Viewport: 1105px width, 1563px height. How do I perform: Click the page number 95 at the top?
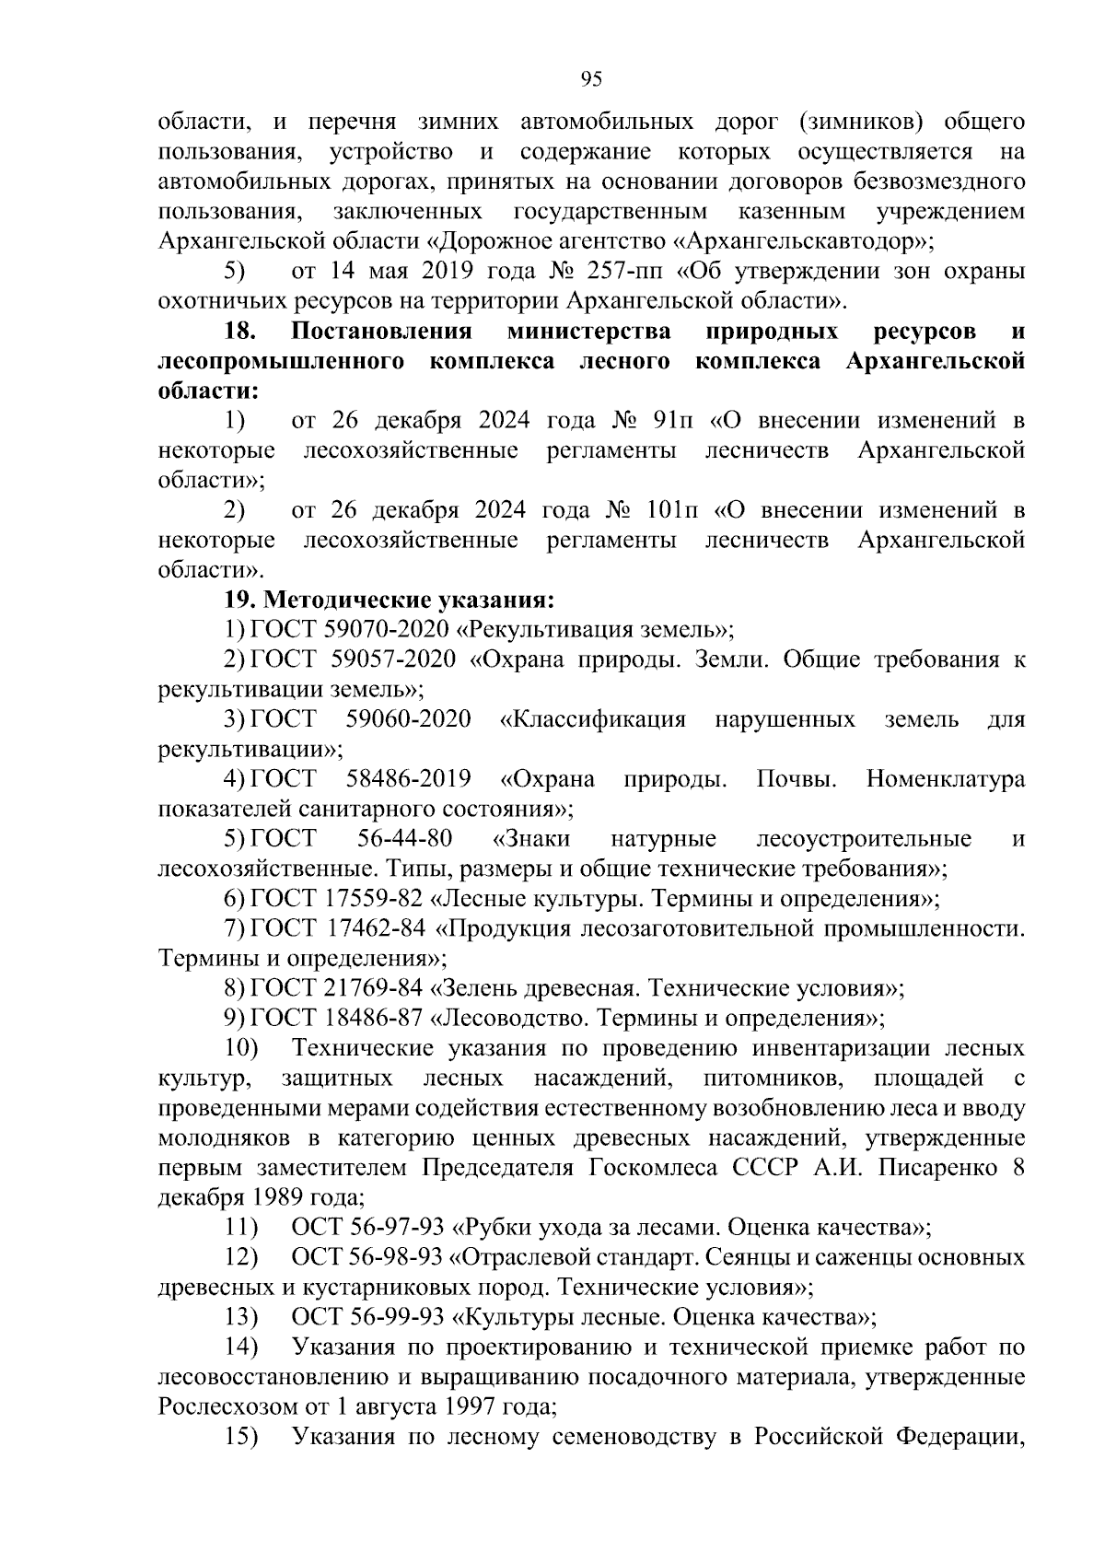pyautogui.click(x=591, y=79)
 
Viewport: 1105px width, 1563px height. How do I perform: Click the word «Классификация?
pyautogui.click(x=593, y=719)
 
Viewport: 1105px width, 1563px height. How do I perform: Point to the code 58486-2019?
pyautogui.click(x=408, y=779)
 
